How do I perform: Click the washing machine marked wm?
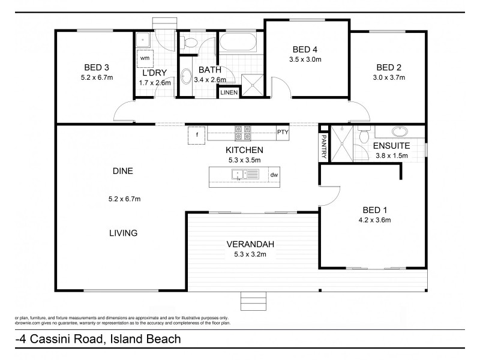[x=145, y=58]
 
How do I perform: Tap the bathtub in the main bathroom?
[x=238, y=43]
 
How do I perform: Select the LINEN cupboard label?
[x=229, y=92]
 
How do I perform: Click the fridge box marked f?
[x=196, y=135]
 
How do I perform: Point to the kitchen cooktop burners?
[x=242, y=132]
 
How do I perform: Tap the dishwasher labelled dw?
[x=274, y=175]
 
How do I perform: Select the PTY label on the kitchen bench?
[x=282, y=132]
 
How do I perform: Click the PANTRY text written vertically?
[x=323, y=146]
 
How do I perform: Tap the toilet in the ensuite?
[x=363, y=136]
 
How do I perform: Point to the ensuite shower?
[x=340, y=143]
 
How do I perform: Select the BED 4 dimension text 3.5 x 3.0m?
[x=305, y=59]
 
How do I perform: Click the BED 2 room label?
[x=388, y=67]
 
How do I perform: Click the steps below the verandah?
[x=253, y=300]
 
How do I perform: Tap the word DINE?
[x=122, y=171]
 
